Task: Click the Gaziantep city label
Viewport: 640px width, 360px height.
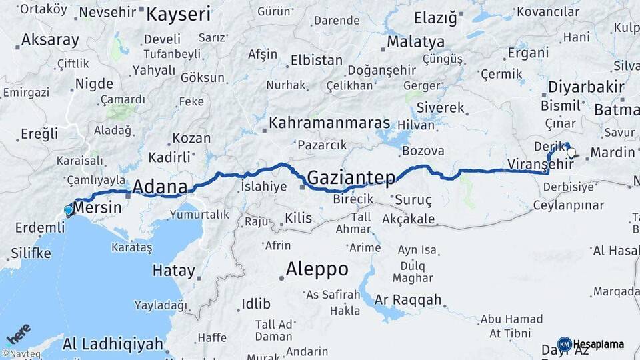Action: coord(351,177)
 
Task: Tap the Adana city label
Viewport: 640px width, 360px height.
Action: coord(160,187)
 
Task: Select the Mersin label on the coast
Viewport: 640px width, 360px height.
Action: coord(97,207)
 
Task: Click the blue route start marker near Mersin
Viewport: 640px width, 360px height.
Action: coord(68,211)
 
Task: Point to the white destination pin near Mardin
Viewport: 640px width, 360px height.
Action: coord(571,153)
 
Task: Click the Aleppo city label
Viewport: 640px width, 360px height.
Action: coord(317,269)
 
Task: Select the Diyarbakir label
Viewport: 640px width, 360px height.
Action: coord(586,87)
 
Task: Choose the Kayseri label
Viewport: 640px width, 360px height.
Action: coord(178,14)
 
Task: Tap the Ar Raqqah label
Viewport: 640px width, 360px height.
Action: coord(408,300)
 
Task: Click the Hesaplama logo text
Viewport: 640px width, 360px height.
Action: coord(598,344)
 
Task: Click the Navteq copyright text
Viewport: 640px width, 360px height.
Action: coord(21,354)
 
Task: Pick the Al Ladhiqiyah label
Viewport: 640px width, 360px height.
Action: coord(113,344)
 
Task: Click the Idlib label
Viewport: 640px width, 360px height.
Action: coord(256,304)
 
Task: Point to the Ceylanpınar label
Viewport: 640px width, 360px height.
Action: coord(568,205)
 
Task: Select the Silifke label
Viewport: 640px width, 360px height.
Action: coord(31,253)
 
